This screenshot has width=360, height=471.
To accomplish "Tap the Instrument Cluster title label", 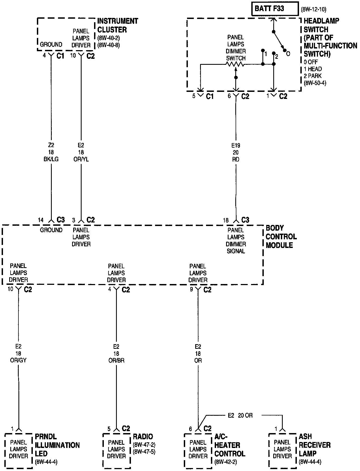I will [117, 25].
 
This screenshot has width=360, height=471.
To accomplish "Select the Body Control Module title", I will [281, 237].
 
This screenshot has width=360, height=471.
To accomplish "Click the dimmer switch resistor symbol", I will [235, 64].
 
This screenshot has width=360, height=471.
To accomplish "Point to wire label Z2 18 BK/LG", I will [51, 152].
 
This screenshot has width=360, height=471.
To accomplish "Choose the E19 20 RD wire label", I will [236, 153].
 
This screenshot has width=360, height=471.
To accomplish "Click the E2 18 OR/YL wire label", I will [81, 152].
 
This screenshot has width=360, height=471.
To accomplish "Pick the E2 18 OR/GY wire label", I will [18, 353].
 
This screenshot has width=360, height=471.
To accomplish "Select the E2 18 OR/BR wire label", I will [116, 353].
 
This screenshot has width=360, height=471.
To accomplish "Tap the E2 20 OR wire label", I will [240, 415].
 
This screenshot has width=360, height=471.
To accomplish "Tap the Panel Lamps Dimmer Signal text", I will [236, 241].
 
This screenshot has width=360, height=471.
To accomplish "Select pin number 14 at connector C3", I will [41, 220].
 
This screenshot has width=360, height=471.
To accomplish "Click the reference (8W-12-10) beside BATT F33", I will [313, 10].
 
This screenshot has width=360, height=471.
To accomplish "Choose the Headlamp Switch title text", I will [330, 37].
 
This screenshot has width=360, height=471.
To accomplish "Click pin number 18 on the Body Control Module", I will [226, 220].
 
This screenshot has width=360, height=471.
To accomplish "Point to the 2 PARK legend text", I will [313, 76].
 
